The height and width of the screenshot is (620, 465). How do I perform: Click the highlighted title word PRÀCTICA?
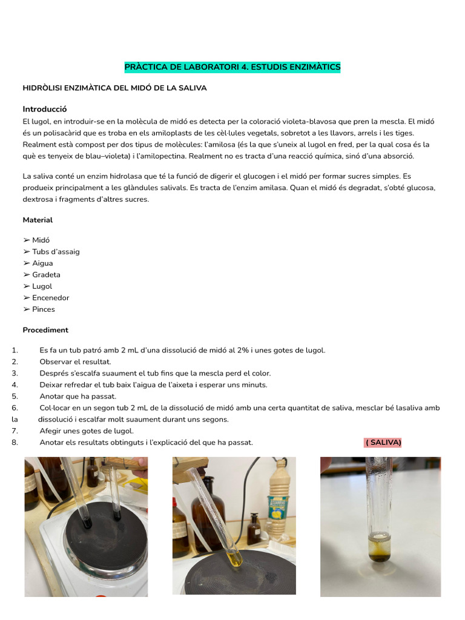click(145, 67)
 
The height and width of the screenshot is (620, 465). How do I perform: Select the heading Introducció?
click(44, 109)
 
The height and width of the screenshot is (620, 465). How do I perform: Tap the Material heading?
click(38, 220)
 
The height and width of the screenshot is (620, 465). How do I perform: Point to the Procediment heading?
click(45, 330)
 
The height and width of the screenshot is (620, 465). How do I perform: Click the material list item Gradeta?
click(46, 275)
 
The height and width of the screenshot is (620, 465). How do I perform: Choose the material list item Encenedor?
click(50, 298)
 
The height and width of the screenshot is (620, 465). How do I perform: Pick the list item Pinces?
click(43, 309)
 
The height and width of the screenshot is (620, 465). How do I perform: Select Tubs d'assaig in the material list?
click(56, 252)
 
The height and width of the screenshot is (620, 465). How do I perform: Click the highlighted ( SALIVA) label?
click(383, 443)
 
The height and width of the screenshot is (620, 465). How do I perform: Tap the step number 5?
click(15, 397)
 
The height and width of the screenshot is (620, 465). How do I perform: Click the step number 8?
click(15, 443)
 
